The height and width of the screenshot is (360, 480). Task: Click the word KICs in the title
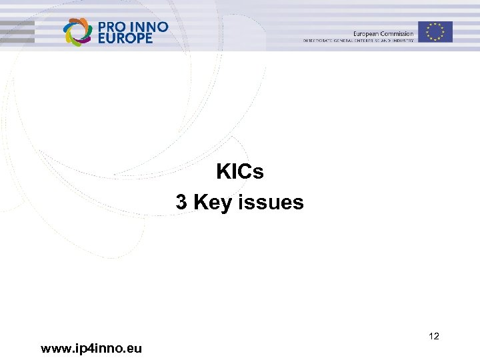[240, 172]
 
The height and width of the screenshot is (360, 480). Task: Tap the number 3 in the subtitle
[181, 202]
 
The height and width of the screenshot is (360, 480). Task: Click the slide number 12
[434, 337]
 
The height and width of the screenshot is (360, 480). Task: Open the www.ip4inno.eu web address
[91, 348]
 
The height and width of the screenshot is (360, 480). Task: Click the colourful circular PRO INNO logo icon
[77, 31]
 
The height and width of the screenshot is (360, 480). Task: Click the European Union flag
[435, 31]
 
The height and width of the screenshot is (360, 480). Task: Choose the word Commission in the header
[397, 33]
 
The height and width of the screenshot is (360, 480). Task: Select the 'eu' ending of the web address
[135, 348]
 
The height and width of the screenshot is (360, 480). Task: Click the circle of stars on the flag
[435, 31]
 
